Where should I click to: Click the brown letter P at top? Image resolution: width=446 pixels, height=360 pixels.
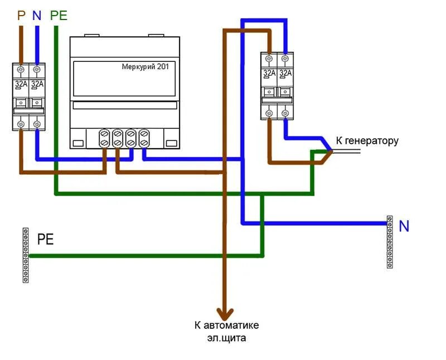21,16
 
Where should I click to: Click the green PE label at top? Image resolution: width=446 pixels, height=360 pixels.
59,16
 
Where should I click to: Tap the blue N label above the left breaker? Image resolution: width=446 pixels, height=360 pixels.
37,16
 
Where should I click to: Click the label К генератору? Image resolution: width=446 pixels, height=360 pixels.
367,140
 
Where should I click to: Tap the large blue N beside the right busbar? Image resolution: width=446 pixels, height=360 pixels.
404,226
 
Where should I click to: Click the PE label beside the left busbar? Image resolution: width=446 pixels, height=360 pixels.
46,240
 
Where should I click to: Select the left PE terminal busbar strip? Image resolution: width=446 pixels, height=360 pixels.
25,255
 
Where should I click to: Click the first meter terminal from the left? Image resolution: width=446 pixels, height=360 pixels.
104,138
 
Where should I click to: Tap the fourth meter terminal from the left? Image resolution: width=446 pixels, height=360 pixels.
144,138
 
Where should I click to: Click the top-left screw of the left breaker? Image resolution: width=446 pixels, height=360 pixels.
21,69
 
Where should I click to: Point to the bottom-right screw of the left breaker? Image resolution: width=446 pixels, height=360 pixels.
37,124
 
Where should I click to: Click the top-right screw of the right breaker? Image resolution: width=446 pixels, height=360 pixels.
285,58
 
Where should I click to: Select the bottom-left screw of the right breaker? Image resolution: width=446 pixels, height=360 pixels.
269,113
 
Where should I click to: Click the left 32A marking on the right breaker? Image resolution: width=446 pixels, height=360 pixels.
269,73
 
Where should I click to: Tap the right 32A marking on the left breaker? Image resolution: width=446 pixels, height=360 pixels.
37,84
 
